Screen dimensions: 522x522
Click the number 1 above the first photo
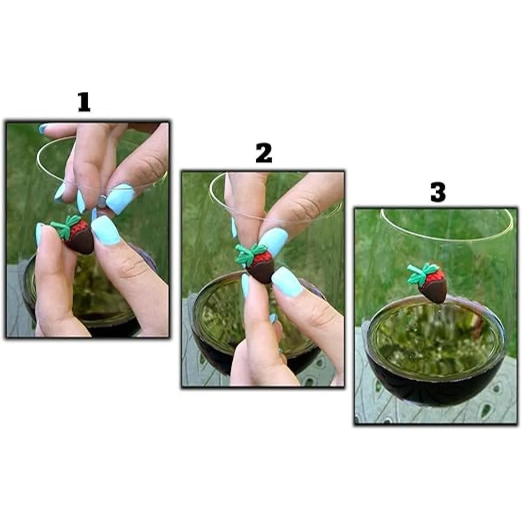[x=84, y=102]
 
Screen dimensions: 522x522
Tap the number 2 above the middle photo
[x=264, y=153]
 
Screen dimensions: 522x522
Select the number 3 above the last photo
[x=438, y=192]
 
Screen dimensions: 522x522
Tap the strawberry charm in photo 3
[x=428, y=283]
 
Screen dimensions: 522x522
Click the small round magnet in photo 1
[x=102, y=202]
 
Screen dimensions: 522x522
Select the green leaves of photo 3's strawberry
[x=421, y=273]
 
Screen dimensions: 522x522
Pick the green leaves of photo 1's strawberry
[x=65, y=227]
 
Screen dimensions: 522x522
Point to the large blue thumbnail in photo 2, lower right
[x=288, y=282]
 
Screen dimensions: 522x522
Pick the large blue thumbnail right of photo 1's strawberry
[x=107, y=231]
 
